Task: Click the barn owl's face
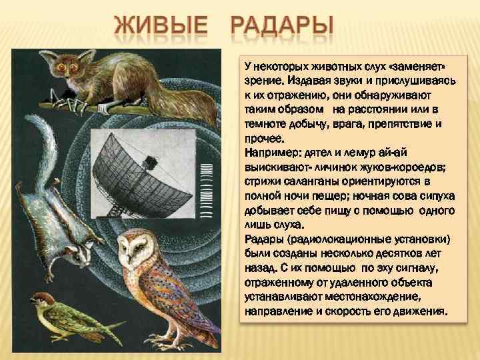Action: click(x=134, y=253)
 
